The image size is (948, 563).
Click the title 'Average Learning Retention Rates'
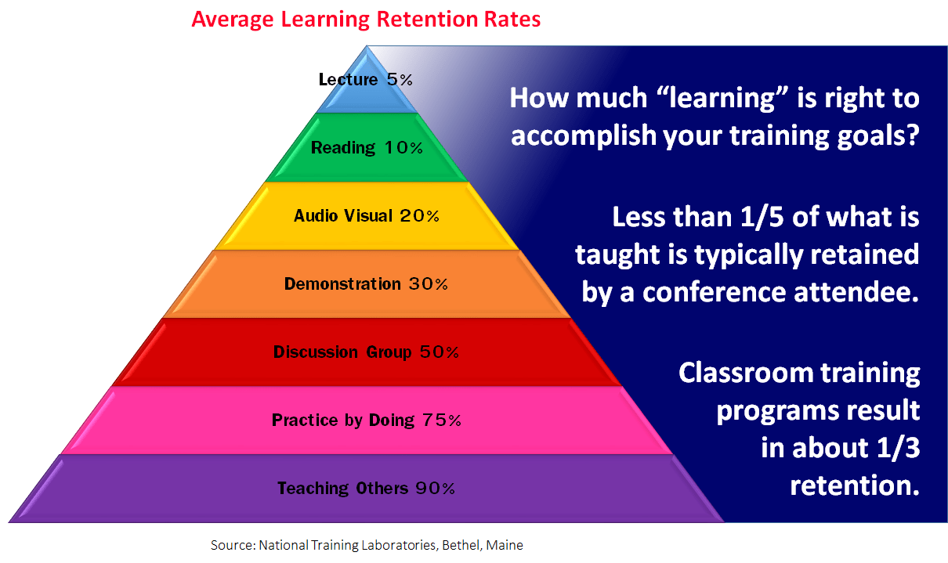[366, 20]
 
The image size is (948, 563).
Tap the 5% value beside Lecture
[399, 79]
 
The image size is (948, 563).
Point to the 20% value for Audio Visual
[419, 216]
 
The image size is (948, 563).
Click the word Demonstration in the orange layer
[342, 284]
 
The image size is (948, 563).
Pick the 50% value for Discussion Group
[439, 352]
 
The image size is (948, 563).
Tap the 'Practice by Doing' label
[342, 420]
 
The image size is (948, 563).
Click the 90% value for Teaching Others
[435, 489]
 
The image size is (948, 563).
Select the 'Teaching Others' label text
[342, 489]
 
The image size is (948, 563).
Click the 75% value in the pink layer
[441, 420]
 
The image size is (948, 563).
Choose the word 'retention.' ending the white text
[854, 485]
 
